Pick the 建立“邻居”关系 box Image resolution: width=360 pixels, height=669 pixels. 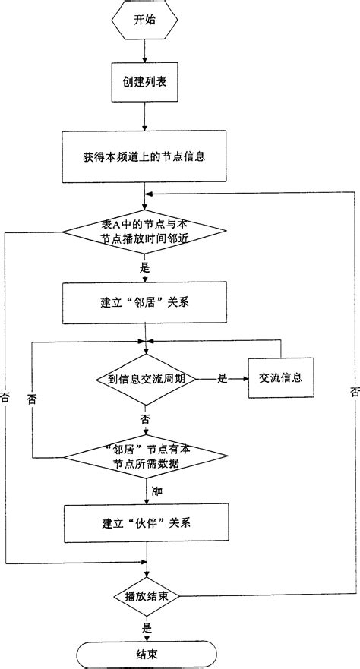pos(144,304)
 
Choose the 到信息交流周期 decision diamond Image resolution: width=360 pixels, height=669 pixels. pos(144,377)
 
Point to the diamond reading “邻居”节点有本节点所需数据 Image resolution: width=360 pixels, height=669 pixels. pos(144,456)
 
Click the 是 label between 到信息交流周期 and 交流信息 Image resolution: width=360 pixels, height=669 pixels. pos(223,377)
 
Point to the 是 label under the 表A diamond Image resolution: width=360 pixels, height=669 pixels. pos(145,267)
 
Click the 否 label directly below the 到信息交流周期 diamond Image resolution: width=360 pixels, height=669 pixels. pos(144,418)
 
